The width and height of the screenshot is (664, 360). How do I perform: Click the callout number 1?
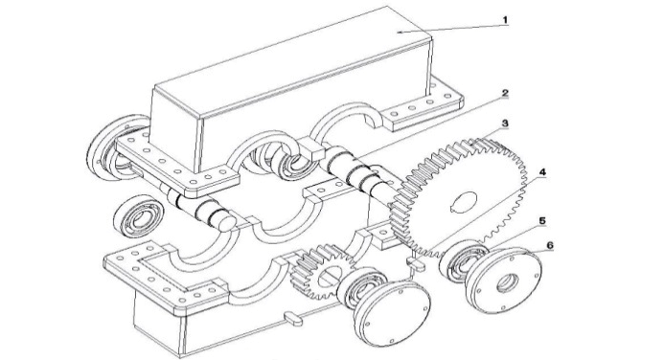(x=505, y=19)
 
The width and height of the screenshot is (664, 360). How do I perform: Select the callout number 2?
(x=505, y=93)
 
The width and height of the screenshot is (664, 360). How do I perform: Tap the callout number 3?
(x=505, y=124)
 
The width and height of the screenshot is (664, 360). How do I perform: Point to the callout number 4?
(x=542, y=172)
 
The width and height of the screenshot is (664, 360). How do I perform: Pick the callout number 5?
(x=542, y=221)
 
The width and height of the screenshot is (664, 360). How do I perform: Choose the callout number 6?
(x=550, y=245)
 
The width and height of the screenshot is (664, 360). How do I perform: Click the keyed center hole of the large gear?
(x=463, y=200)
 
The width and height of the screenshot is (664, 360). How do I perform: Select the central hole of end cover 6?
(x=507, y=282)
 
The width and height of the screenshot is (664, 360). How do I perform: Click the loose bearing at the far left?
(x=139, y=216)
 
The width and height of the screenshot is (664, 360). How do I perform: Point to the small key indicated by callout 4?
(x=417, y=263)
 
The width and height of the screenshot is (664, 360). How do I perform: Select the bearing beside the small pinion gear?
(x=362, y=288)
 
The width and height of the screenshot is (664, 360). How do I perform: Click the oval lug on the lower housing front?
(x=292, y=318)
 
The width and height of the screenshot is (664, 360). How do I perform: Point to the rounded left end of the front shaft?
(x=226, y=221)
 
